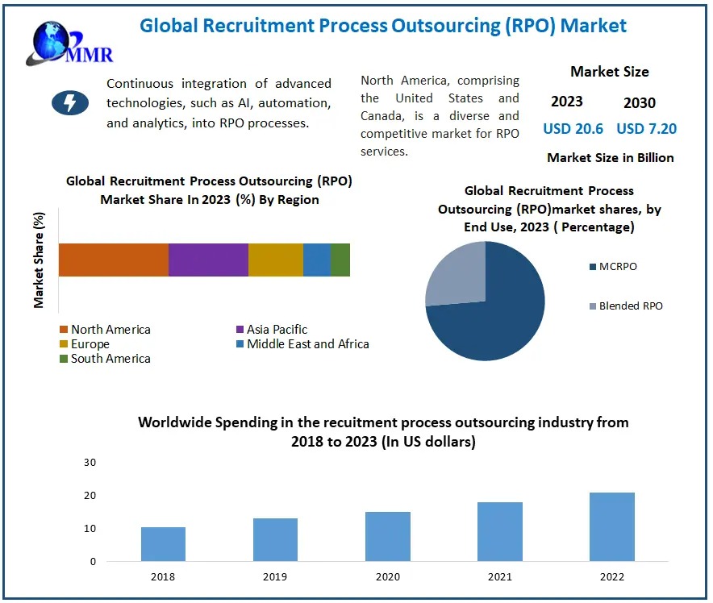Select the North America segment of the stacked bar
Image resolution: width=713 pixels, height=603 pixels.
(x=113, y=260)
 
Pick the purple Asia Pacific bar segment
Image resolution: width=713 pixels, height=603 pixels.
(x=208, y=260)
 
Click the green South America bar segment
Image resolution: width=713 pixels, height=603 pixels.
(x=340, y=260)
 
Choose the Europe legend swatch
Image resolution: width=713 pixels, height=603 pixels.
(x=64, y=344)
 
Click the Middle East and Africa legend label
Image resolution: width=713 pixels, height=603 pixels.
(x=307, y=344)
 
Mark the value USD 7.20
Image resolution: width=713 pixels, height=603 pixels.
(x=646, y=129)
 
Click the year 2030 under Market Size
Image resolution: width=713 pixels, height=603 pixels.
(x=640, y=103)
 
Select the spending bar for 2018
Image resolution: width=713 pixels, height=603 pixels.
(x=163, y=544)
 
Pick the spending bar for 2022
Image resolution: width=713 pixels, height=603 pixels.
(x=612, y=526)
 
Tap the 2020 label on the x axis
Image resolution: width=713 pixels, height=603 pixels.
(x=387, y=577)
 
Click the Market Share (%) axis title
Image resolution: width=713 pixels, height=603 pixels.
(x=39, y=260)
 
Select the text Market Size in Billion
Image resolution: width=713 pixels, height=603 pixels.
(x=610, y=158)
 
